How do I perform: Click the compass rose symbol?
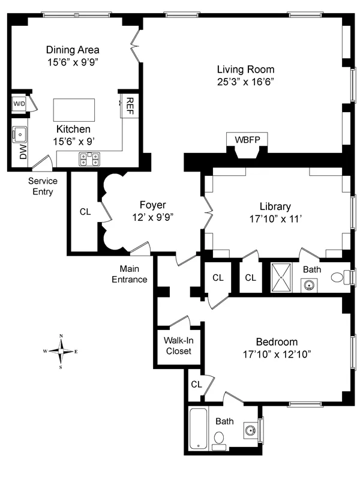tap(61, 350)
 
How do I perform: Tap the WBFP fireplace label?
tap(247, 139)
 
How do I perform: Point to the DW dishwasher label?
tap(23, 152)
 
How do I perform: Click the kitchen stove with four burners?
tap(89, 158)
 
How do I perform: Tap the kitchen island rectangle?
tap(74, 110)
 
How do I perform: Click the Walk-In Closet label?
tap(178, 346)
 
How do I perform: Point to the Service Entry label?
tap(43, 187)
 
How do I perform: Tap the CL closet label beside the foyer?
tap(86, 212)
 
